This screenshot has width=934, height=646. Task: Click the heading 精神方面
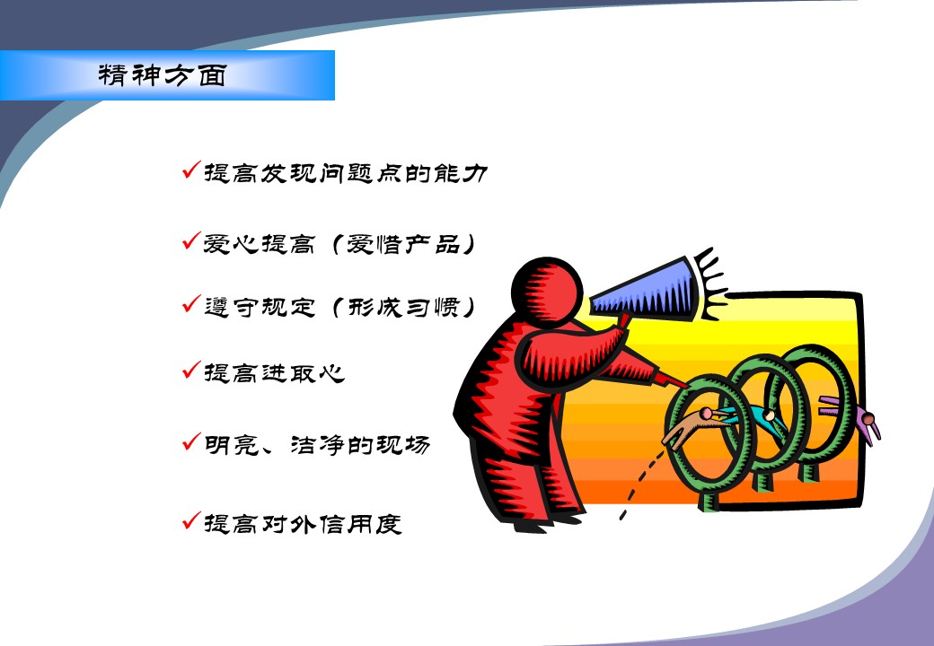coord(162,75)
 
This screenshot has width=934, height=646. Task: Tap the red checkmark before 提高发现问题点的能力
coord(192,170)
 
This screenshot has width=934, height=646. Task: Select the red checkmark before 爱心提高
coord(192,240)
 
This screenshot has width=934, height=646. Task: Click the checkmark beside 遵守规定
coord(192,303)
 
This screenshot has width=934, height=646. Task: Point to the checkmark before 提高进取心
coord(192,370)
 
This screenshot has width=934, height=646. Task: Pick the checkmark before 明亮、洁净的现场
coord(192,441)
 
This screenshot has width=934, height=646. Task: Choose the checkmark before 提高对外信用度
coord(192,520)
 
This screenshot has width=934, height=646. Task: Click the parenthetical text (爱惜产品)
coord(404,244)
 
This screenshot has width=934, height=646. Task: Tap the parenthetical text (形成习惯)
coord(404,307)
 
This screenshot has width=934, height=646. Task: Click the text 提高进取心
coord(274,373)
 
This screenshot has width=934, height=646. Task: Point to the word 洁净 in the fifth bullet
coord(317,445)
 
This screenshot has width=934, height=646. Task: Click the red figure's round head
coord(546,292)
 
